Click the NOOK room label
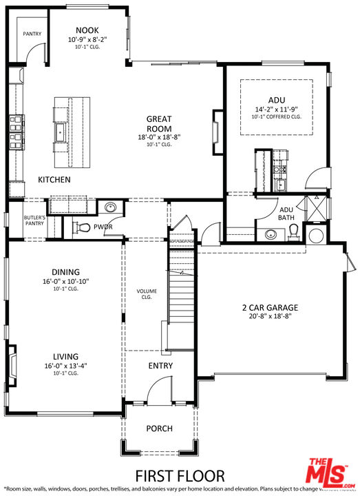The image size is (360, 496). (x=87, y=30)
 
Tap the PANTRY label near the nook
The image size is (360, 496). (x=32, y=33)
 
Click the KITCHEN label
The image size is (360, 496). (x=54, y=180)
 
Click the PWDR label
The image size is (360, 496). (x=103, y=226)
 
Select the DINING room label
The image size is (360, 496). (x=65, y=272)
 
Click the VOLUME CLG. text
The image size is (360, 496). (x=147, y=294)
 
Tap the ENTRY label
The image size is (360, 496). (x=160, y=365)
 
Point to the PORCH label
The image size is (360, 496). (x=159, y=428)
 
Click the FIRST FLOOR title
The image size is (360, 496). (x=179, y=475)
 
